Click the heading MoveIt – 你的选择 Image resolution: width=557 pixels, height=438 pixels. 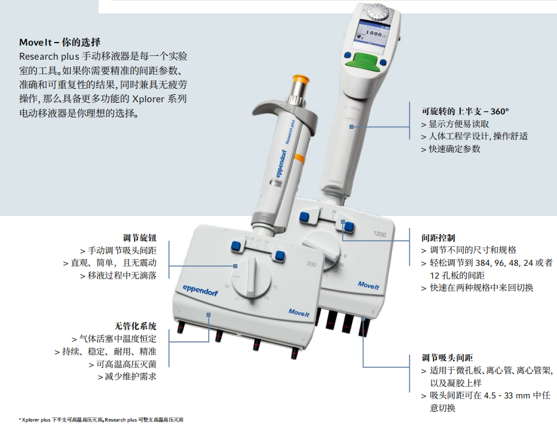60,43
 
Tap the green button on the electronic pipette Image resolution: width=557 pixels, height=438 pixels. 365,60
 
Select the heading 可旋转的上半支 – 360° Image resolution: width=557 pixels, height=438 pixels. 465,111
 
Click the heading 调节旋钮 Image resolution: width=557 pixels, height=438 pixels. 139,238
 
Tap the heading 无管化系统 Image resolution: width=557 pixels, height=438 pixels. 135,326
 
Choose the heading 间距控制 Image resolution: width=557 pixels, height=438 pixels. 438,238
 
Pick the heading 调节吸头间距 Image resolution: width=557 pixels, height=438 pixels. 447,358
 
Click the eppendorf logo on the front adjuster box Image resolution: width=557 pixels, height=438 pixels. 200,290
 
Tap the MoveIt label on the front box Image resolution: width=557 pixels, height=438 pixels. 299,313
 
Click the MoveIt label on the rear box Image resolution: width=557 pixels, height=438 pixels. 368,285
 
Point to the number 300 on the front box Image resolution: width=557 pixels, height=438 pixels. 311,264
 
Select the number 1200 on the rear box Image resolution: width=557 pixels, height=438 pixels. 379,234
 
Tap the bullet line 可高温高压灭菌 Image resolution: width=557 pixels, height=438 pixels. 122,364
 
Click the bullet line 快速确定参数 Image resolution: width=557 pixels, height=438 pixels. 451,149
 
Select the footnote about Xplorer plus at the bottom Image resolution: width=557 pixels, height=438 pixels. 101,420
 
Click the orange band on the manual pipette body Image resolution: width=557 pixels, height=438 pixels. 299,158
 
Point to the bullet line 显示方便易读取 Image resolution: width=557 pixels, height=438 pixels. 455,124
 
